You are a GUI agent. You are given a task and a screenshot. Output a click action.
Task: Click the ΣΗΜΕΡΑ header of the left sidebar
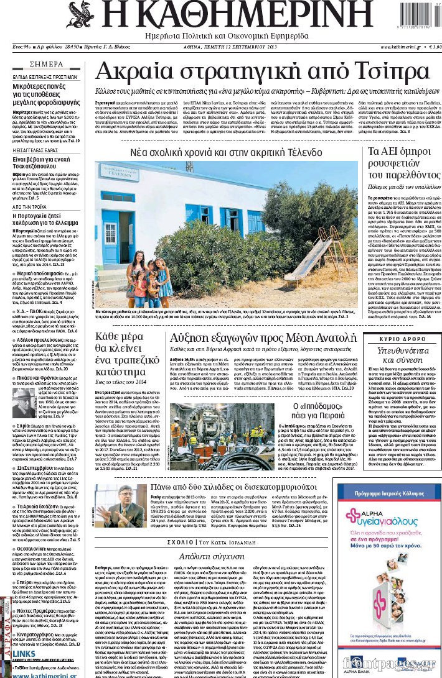pos(46,64)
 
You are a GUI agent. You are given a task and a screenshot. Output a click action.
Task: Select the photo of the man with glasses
pos(121,505)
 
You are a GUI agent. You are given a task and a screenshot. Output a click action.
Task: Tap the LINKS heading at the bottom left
pos(24,654)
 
